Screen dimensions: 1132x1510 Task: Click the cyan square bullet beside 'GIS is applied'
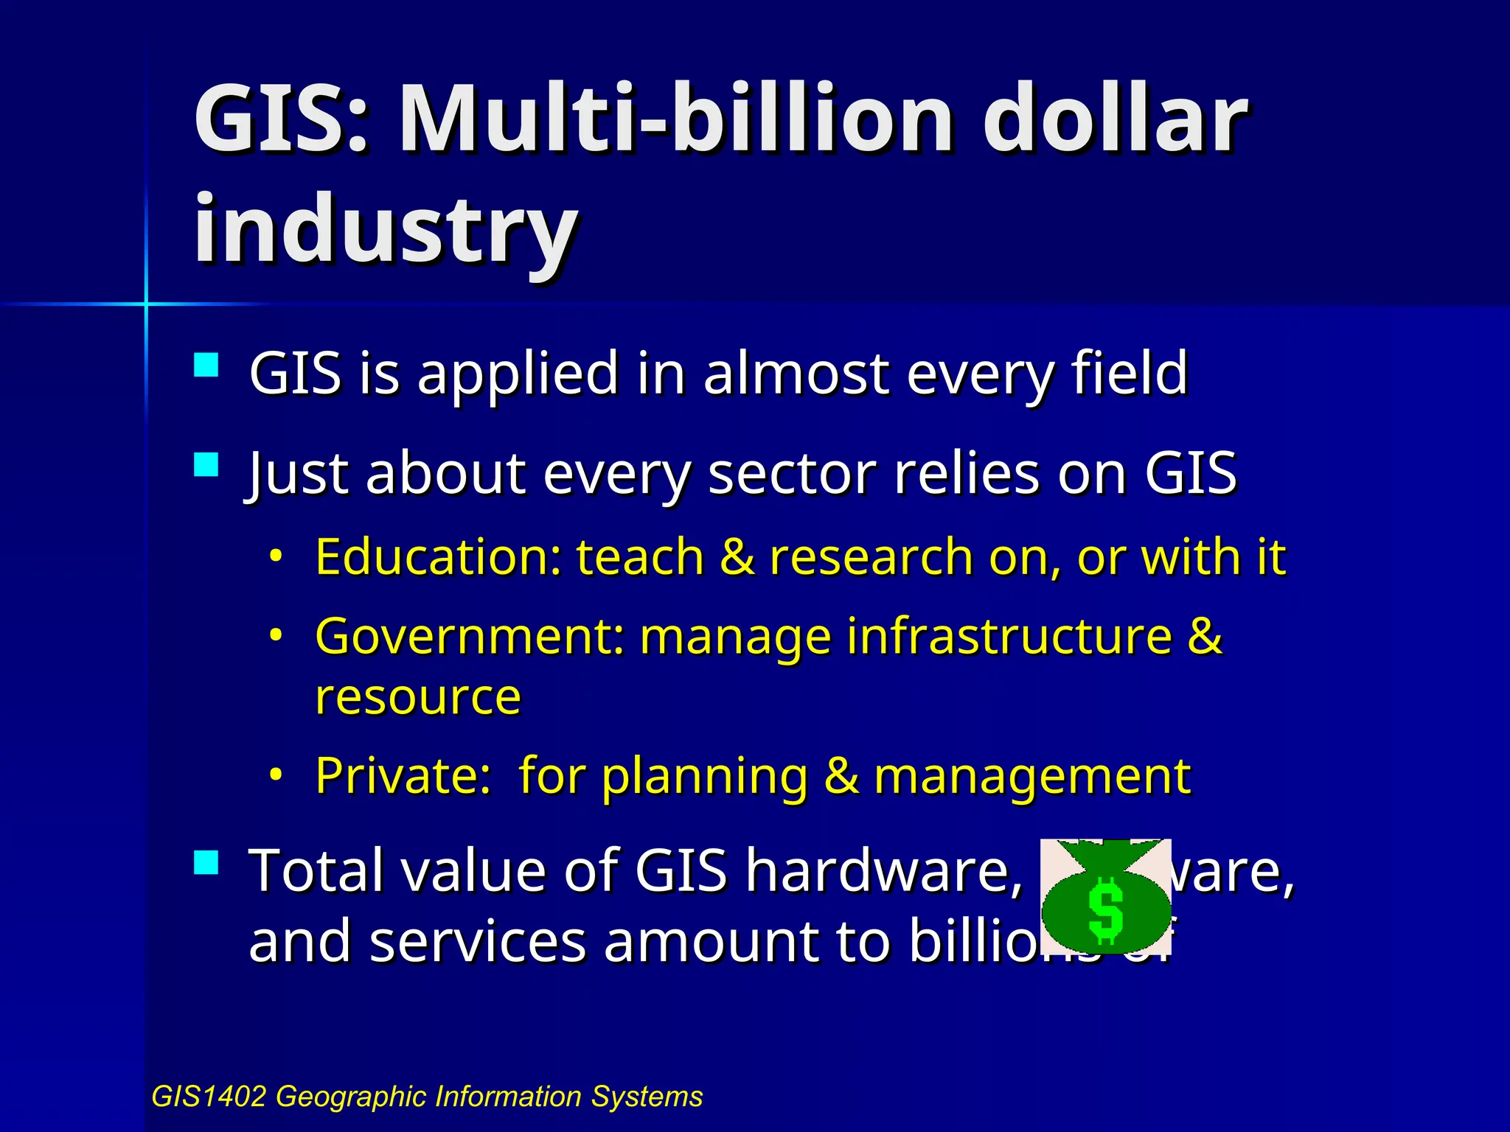206,366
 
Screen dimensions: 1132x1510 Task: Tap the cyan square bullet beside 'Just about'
206,465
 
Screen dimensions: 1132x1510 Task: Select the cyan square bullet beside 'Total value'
206,862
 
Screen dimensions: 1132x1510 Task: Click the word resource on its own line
417,696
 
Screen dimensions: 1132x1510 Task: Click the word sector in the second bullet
793,473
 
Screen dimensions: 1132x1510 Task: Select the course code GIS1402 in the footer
208,1097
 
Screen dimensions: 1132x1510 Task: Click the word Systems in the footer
647,1097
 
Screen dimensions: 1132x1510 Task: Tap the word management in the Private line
1031,777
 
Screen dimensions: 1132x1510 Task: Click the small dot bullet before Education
276,556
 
